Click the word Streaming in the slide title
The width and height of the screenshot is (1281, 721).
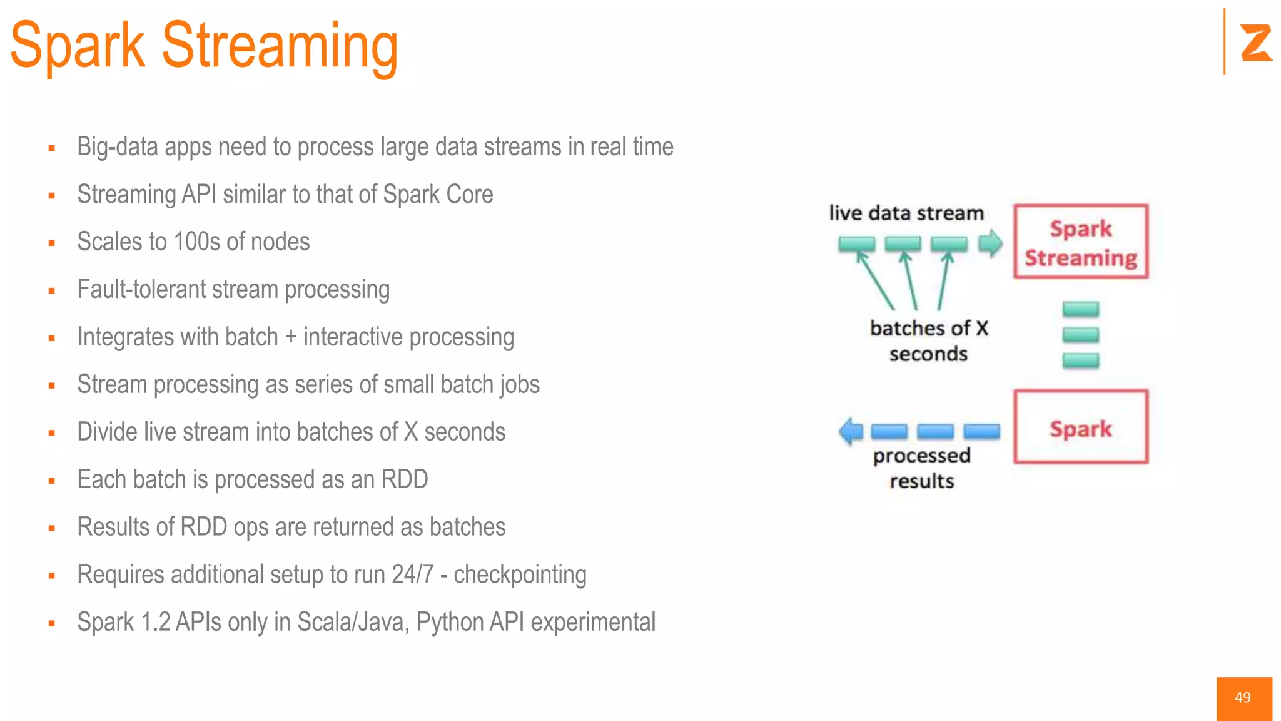coord(280,47)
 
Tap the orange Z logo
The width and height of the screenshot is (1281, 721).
coord(1255,43)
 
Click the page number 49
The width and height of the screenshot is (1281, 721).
coord(1243,698)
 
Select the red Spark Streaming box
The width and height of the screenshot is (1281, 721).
coord(1080,242)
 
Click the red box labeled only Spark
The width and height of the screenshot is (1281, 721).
coord(1080,427)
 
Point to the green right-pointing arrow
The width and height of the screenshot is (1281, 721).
coord(990,243)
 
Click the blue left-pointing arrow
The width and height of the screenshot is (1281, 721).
coord(851,431)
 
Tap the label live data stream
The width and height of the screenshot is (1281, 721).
coord(906,213)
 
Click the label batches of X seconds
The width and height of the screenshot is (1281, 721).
coord(928,340)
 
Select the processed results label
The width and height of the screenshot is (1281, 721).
coord(921,468)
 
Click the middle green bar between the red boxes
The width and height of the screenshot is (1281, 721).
coord(1080,334)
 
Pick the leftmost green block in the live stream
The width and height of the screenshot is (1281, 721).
coord(856,243)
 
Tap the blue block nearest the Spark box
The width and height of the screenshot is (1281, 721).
coord(981,431)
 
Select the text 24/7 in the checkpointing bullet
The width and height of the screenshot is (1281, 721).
coord(412,575)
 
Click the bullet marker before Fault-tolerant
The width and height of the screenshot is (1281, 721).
coord(52,291)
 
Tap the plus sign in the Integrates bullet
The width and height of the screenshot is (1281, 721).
coord(290,337)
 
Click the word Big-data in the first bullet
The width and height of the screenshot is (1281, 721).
coord(117,147)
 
